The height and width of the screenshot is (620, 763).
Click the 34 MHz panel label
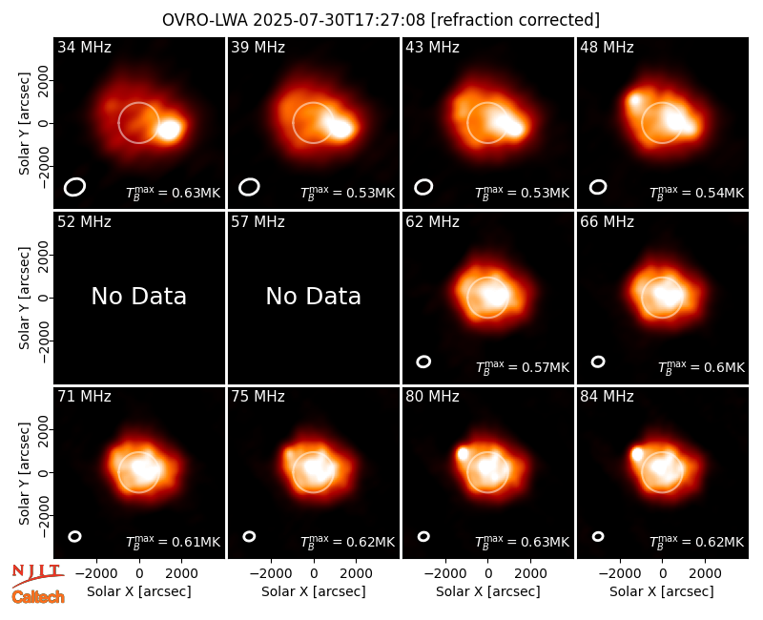pos(84,47)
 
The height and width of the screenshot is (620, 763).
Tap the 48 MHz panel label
pos(607,47)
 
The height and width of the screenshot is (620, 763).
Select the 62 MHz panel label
pos(432,222)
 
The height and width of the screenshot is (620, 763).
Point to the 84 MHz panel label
pos(607,397)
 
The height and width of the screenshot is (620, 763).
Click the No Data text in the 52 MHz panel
pos(138,297)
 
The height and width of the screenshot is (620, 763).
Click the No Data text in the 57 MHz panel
pos(314,297)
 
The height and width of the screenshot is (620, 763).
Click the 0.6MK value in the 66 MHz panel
pos(724,367)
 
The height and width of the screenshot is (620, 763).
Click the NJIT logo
pos(37,574)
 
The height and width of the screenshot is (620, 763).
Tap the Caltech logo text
pos(38,597)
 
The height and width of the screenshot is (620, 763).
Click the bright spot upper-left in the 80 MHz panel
pos(463,454)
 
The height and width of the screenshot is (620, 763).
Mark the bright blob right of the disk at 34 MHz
pos(170,130)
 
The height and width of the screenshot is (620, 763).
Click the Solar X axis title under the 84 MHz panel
pos(662,591)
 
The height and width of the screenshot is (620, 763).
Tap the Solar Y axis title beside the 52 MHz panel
pos(25,298)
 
